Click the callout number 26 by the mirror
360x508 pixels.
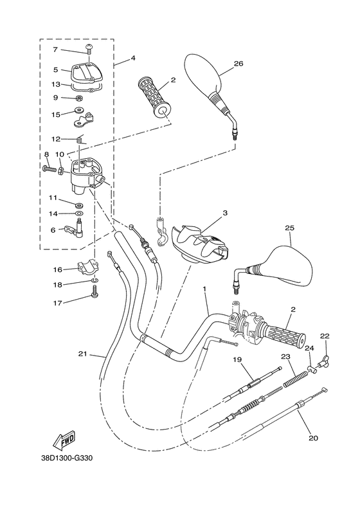coord(239,63)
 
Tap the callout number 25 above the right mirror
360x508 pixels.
coord(289,228)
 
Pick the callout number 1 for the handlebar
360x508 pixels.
coord(204,290)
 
